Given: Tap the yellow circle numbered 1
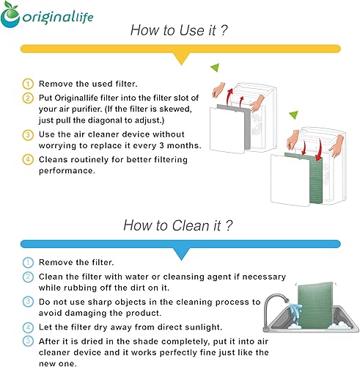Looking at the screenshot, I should click(28, 84).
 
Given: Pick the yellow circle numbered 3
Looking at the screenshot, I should click(28, 134).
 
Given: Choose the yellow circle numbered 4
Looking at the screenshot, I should click(28, 159).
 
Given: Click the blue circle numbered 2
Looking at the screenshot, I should click(28, 277).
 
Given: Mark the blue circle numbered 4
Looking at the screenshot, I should click(28, 326).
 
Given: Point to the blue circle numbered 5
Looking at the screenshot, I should click(28, 339).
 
